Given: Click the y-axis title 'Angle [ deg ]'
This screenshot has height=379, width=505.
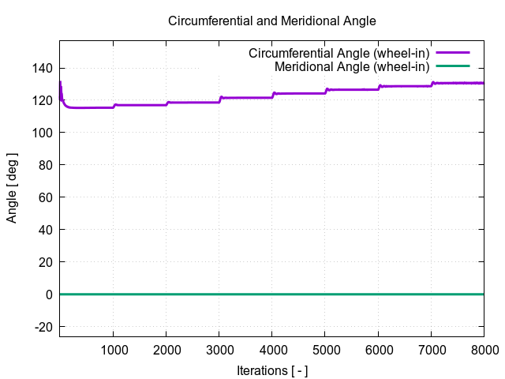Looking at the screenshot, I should coord(13,187).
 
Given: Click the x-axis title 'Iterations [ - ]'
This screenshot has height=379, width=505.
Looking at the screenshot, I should coord(272,370).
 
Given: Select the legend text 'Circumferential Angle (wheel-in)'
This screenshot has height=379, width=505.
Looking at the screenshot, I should coord(339,54).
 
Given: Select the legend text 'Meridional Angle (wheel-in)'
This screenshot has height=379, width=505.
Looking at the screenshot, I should coord(352,66).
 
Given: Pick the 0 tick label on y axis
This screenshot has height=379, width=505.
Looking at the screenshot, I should coord(49,295).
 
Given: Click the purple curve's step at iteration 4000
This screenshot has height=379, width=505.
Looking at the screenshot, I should coord(273,94).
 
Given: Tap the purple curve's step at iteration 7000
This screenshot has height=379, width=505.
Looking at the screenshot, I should coord(432,83).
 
